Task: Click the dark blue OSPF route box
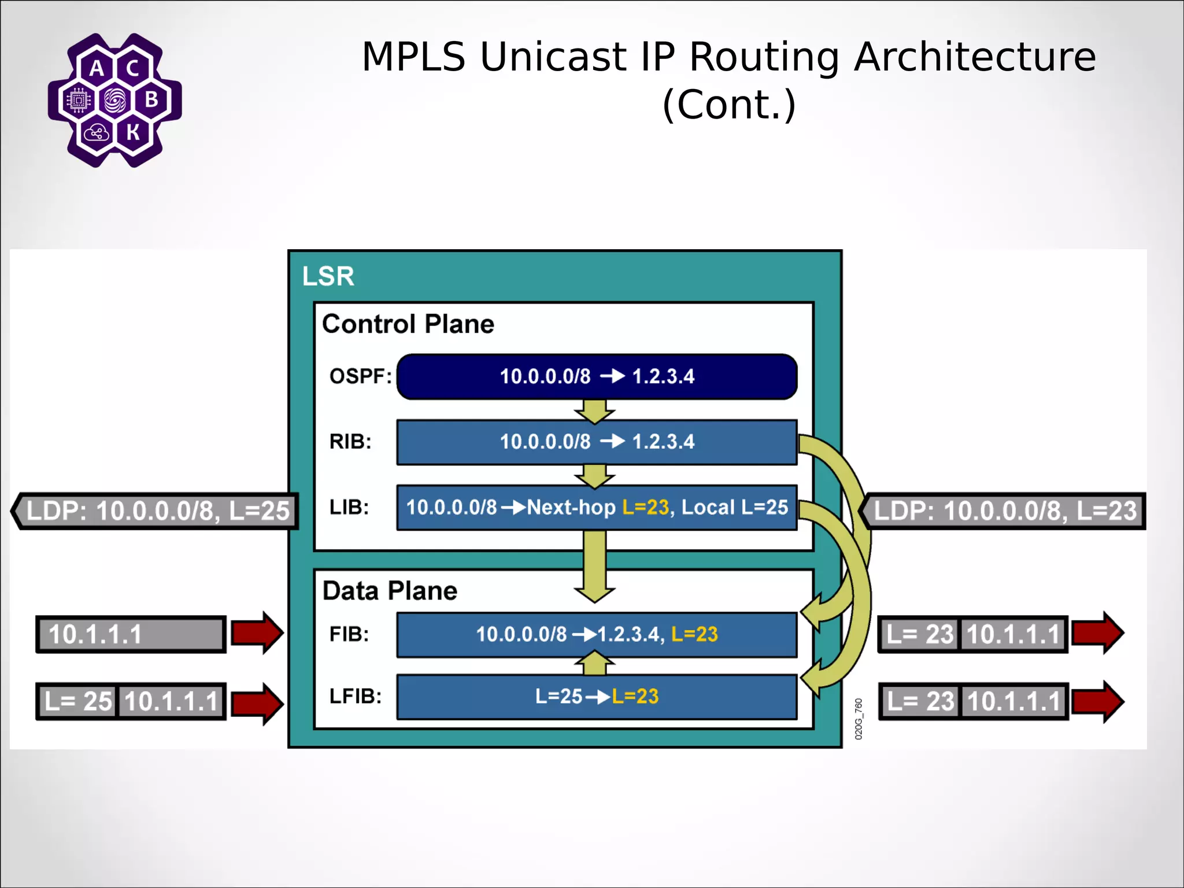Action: click(x=597, y=376)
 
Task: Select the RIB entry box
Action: click(x=597, y=442)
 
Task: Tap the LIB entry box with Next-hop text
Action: click(x=597, y=508)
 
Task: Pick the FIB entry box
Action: click(x=597, y=635)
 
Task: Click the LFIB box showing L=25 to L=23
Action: click(x=597, y=697)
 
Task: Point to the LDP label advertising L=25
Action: click(x=156, y=511)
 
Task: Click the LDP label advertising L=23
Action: click(x=1004, y=511)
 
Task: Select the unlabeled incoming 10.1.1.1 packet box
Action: click(x=131, y=635)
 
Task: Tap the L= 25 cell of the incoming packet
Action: click(x=77, y=702)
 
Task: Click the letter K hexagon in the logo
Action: click(x=133, y=132)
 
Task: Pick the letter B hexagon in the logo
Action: click(x=151, y=99)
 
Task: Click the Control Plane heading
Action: click(x=408, y=324)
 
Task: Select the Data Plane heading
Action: click(x=390, y=591)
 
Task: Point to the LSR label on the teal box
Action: click(x=328, y=276)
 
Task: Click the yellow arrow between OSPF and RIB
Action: click(x=594, y=411)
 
